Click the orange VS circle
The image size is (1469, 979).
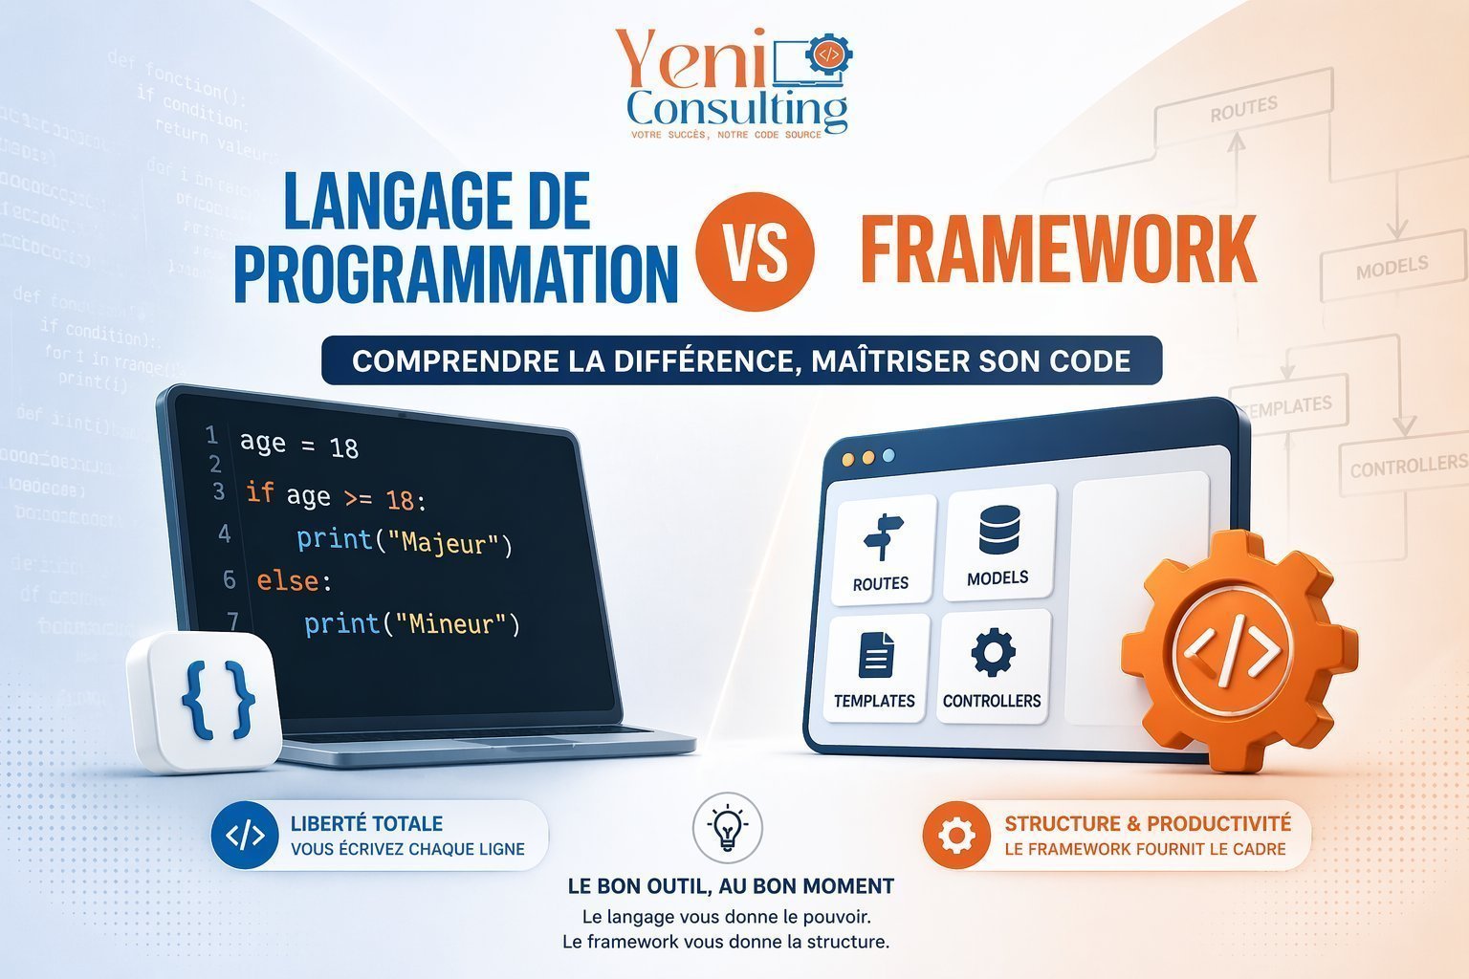click(x=756, y=251)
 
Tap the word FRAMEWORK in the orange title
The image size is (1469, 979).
click(x=1058, y=250)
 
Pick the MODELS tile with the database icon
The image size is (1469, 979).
click(x=998, y=543)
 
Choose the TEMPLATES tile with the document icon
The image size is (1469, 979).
click(x=875, y=667)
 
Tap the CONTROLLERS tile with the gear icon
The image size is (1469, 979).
click(x=992, y=665)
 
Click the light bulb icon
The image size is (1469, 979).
click(x=727, y=826)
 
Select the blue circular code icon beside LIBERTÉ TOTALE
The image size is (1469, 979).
click(x=245, y=836)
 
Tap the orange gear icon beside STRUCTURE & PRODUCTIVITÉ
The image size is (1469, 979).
click(x=955, y=836)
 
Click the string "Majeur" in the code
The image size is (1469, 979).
click(x=451, y=543)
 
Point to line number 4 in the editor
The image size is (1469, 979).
click(x=225, y=533)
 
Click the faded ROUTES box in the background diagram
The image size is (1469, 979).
click(x=1243, y=111)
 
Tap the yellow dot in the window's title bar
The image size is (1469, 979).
click(x=867, y=458)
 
